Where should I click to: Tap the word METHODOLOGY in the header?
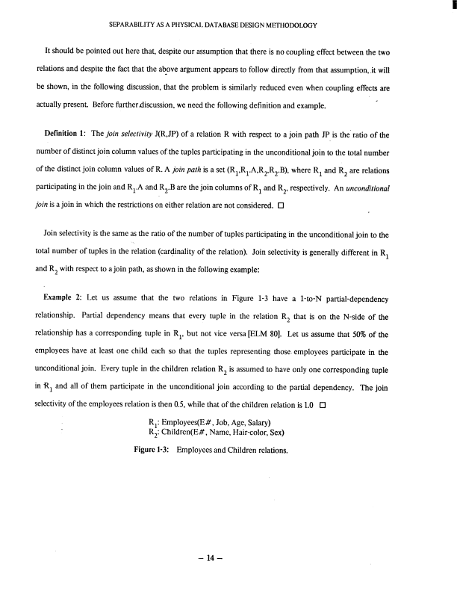pyautogui.click(x=288, y=25)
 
